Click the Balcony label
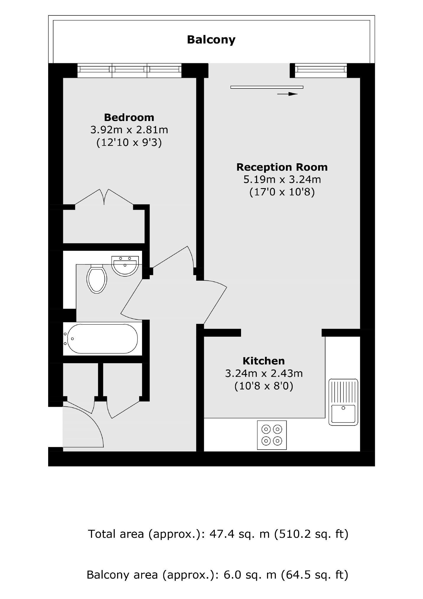click(x=211, y=40)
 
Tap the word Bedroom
click(x=129, y=117)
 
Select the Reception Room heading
click(x=282, y=167)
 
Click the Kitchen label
click(x=264, y=361)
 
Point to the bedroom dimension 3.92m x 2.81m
click(x=129, y=130)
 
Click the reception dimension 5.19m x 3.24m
click(x=282, y=180)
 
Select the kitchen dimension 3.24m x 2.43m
click(x=264, y=373)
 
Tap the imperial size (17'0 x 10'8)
click(x=282, y=192)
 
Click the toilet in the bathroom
click(x=97, y=279)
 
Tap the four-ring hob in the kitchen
click(x=272, y=435)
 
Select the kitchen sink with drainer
click(x=343, y=402)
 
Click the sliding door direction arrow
click(x=287, y=94)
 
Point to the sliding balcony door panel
click(x=267, y=87)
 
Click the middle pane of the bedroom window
click(x=129, y=70)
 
